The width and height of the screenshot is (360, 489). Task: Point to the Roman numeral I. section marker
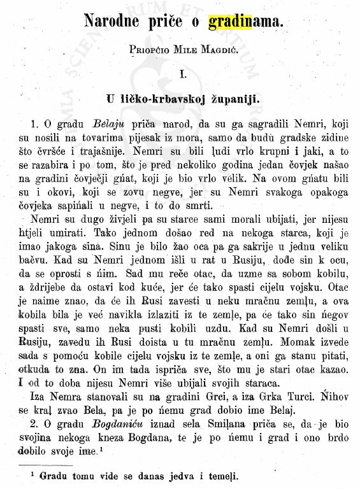tap(182, 74)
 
